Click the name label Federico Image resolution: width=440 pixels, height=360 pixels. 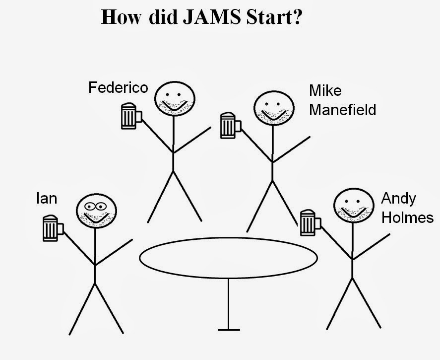coord(118,88)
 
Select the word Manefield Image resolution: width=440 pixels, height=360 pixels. coord(342,109)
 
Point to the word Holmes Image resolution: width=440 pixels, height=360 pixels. coord(407,217)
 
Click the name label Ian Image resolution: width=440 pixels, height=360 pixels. coord(47,199)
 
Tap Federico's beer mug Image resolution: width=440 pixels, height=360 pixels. coord(130,116)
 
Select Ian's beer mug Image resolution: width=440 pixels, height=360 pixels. coord(52,228)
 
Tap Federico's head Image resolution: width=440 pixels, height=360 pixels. coord(173,98)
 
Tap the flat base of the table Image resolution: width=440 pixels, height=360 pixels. coord(229,329)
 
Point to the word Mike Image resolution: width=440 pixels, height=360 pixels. coord(325,91)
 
